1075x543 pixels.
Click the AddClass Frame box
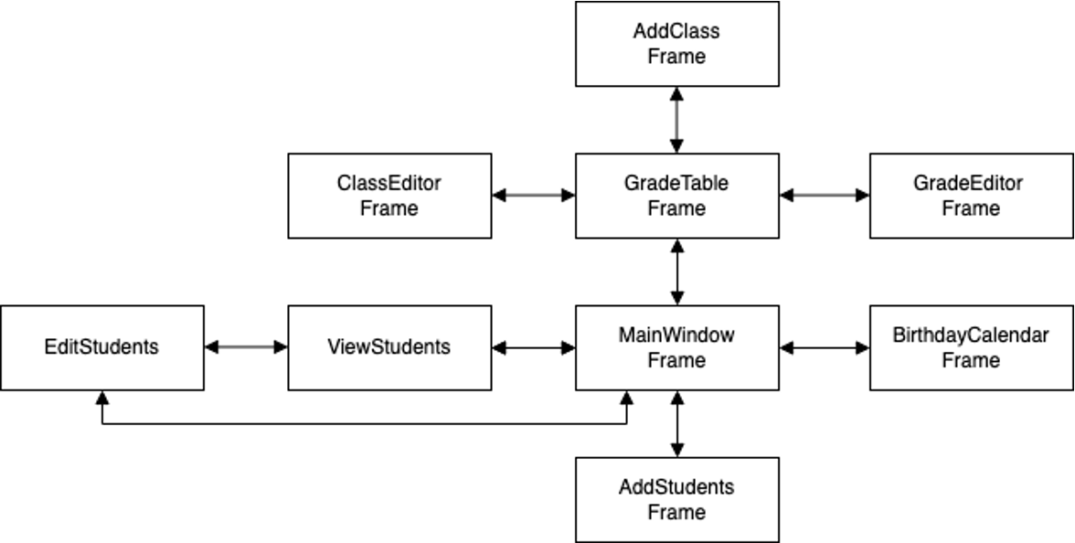[676, 44]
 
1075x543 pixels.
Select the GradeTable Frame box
[676, 196]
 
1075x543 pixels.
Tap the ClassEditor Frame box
[389, 196]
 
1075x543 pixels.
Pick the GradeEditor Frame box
[971, 196]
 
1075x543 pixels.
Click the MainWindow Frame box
[676, 347]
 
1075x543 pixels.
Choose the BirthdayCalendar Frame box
[971, 347]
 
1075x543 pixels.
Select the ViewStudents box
[389, 347]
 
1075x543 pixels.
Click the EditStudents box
[102, 347]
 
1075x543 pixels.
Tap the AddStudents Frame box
[676, 499]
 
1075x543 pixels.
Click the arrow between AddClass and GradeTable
[676, 120]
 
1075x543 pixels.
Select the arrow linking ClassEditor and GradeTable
[534, 196]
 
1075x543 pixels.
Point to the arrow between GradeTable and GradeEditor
[825, 196]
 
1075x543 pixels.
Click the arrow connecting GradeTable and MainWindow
[676, 271]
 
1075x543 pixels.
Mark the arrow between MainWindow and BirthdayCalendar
[825, 347]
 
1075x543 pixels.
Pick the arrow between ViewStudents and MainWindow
[534, 347]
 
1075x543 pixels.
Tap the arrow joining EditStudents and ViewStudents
[246, 347]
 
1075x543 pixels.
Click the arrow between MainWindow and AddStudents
[676, 423]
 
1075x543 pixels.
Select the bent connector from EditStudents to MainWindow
[366, 424]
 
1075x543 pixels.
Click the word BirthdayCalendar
[971, 335]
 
